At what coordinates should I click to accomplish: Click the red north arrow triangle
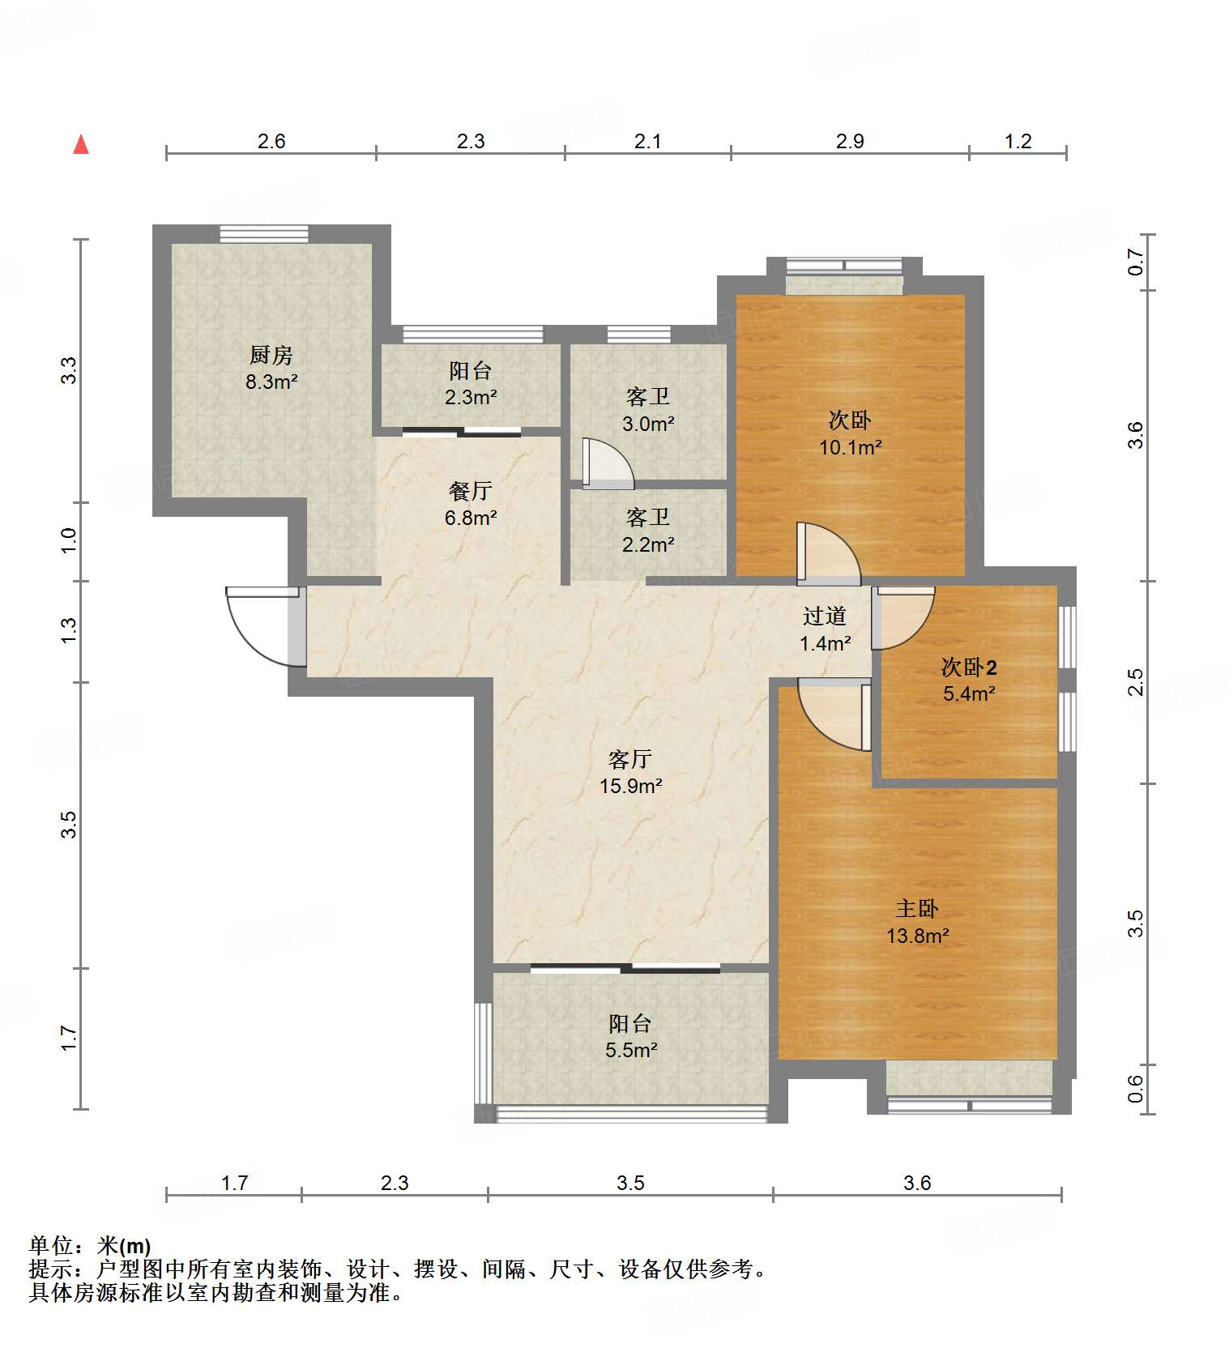(x=81, y=145)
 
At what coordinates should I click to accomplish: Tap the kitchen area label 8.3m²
(x=271, y=381)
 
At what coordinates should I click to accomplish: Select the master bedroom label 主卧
(x=916, y=908)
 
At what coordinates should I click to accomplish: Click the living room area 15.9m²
(x=631, y=786)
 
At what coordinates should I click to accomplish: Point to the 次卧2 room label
(x=968, y=667)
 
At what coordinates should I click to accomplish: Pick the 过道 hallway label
(x=825, y=616)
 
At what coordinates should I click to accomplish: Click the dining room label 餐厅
(x=470, y=490)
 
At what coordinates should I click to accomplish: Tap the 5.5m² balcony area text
(x=630, y=1050)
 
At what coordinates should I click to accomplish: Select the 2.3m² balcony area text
(x=470, y=397)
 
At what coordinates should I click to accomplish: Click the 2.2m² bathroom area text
(x=647, y=544)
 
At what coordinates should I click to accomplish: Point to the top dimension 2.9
(x=849, y=141)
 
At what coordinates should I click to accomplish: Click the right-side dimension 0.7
(x=1136, y=262)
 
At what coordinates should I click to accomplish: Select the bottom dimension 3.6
(x=917, y=1183)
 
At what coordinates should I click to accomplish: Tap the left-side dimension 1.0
(x=69, y=540)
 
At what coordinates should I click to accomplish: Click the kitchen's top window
(x=264, y=233)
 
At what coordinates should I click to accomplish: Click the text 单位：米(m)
(x=90, y=1246)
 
